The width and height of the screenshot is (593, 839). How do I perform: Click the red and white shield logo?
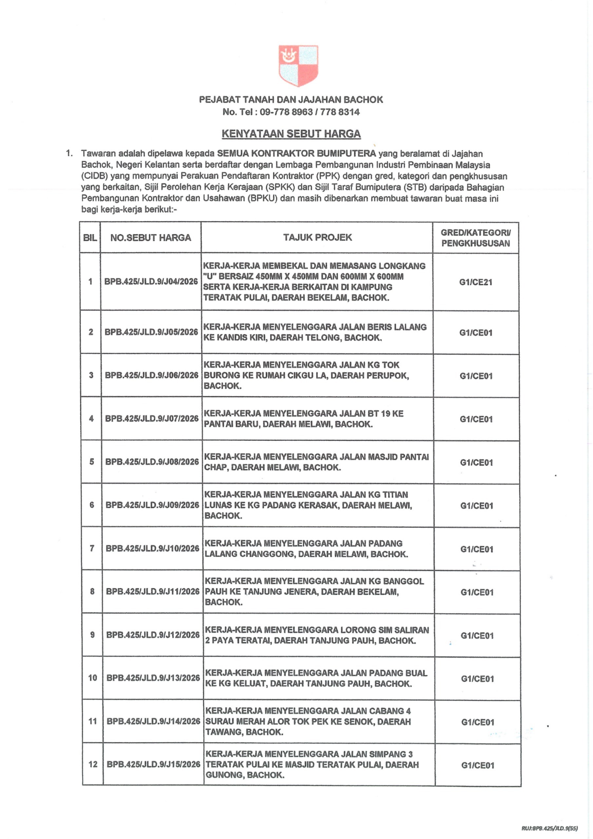(x=298, y=66)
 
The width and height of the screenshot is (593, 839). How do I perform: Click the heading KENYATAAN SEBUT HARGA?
(x=291, y=134)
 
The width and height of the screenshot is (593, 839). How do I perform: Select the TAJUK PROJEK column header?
(x=317, y=238)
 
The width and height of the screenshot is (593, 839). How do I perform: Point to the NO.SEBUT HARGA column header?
(x=150, y=238)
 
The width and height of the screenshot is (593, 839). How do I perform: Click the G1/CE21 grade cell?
(x=476, y=282)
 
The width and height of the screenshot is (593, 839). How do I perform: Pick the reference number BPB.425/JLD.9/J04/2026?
(x=151, y=282)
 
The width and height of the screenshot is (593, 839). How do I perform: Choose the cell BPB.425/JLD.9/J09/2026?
(x=152, y=505)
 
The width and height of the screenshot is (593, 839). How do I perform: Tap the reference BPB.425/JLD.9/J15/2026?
(x=153, y=764)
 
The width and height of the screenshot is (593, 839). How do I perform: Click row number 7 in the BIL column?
(x=92, y=548)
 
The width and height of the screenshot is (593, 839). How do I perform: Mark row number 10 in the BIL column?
(x=92, y=678)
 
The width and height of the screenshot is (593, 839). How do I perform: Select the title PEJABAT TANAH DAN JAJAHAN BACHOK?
(x=291, y=100)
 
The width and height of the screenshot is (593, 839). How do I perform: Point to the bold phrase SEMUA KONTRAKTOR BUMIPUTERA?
(x=296, y=153)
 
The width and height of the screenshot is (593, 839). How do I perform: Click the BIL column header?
(x=90, y=238)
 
